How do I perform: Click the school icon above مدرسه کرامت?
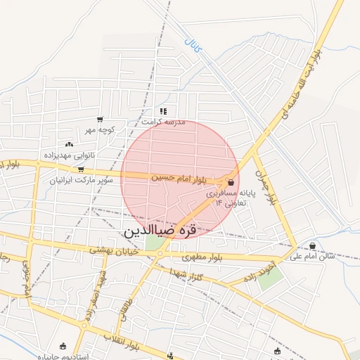(x=163, y=111)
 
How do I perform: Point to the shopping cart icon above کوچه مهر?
(x=100, y=120)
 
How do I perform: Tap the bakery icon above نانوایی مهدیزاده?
(x=69, y=144)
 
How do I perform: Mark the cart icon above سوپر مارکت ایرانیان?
(x=81, y=169)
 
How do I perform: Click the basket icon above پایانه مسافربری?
(x=231, y=182)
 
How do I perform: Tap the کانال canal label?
(x=192, y=45)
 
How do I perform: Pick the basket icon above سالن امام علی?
(x=312, y=245)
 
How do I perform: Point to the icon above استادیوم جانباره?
(x=64, y=346)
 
